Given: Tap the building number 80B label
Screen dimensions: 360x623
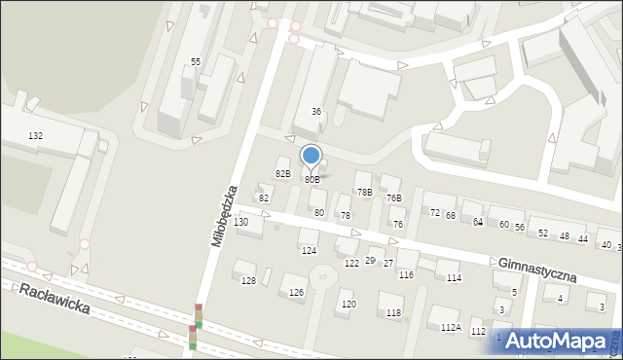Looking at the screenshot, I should coord(311,180).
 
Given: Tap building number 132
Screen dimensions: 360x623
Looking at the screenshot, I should coord(36,136).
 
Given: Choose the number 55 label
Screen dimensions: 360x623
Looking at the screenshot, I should coord(196,62).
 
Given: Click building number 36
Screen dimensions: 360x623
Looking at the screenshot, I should coord(316,112).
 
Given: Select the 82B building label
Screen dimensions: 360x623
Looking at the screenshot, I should coord(282,174).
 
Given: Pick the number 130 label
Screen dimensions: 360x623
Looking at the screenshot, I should coord(241,223).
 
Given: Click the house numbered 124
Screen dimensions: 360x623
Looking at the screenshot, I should coord(309,251).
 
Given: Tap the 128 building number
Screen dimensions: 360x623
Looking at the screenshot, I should coord(248,281).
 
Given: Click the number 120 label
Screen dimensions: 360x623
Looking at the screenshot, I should coord(348,305).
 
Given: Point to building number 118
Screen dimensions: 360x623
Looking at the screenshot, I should coord(393,312).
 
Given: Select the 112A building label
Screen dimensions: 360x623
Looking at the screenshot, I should coord(450,328).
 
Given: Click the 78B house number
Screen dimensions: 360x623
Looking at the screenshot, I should coord(364,193).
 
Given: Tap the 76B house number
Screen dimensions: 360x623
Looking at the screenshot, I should coord(393,198).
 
